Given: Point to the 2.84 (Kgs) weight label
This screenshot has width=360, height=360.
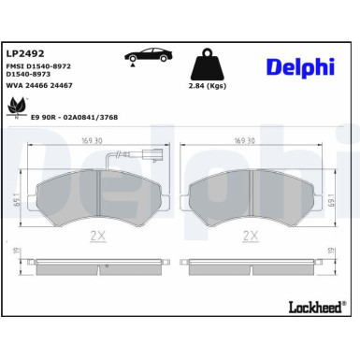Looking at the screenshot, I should (x=207, y=85).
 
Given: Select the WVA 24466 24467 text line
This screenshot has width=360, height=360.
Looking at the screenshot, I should (x=39, y=84).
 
